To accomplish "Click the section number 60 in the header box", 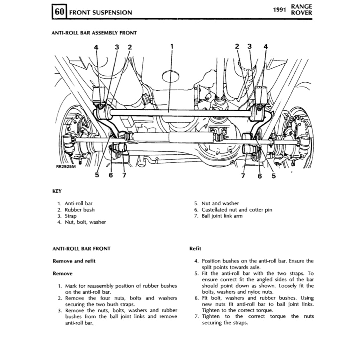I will click(x=60, y=12).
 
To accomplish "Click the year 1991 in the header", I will click(x=279, y=10).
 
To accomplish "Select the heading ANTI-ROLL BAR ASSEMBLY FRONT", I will click(x=94, y=33).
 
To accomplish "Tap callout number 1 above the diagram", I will click(x=172, y=46).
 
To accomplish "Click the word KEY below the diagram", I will click(x=57, y=191).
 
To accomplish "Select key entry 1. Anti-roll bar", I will click(x=75, y=203).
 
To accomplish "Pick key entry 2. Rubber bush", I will click(x=76, y=210).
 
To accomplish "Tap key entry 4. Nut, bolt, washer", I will click(x=82, y=222).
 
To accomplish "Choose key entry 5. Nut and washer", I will click(x=217, y=203).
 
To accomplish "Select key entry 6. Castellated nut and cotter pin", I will click(x=233, y=210).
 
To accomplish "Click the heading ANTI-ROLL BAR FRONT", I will click(x=81, y=249).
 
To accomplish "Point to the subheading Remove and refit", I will click(x=74, y=261).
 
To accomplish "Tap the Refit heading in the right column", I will click(x=195, y=249).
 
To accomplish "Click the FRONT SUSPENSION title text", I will click(x=101, y=13).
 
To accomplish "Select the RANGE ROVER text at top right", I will click(x=301, y=10).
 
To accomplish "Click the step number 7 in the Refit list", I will click(x=197, y=316).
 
